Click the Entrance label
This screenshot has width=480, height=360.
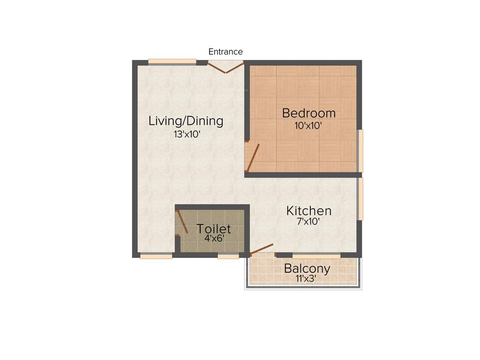coord(225,52)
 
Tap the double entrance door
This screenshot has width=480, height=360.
coord(226,67)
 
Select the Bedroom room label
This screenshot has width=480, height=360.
coord(308,113)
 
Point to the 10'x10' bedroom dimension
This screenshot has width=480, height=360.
coord(308,126)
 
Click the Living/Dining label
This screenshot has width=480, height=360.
coord(186,121)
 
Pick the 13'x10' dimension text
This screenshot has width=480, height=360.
coord(187,134)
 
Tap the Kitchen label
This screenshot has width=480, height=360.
coord(309,211)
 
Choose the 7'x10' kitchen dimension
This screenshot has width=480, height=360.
coord(308,222)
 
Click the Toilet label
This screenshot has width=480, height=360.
coord(213,229)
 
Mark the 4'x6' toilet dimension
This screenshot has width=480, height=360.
coord(214,238)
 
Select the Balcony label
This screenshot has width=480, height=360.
coord(307,269)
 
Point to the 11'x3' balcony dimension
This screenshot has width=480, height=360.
coord(307,278)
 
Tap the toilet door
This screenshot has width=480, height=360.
coord(182,221)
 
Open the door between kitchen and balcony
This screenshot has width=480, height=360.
coord(262,249)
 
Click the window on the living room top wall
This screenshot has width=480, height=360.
coord(172,61)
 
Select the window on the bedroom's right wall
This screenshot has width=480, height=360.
coord(360,151)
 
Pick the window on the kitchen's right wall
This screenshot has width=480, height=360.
coord(360,198)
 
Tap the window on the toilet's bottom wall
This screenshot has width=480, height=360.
coord(228,256)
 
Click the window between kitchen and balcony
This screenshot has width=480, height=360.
coord(316,256)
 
